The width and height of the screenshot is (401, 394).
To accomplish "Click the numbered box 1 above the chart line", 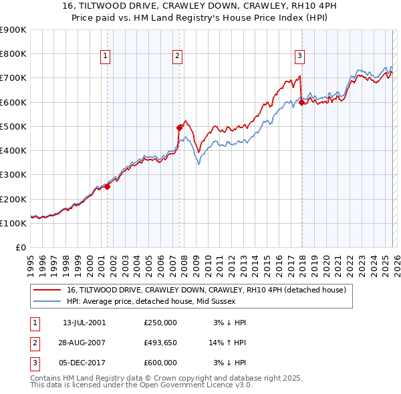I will [106, 57].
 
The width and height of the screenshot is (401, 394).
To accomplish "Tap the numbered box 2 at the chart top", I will [178, 57].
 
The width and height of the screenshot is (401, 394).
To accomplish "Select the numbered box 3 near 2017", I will [300, 57].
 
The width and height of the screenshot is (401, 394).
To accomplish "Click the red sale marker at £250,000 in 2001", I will [107, 186].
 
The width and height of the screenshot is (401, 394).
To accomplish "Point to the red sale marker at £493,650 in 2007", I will [179, 128].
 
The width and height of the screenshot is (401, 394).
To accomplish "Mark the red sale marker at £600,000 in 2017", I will [301, 102].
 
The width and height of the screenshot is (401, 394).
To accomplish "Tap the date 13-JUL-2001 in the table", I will [84, 322].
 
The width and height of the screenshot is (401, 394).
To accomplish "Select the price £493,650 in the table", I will [160, 343].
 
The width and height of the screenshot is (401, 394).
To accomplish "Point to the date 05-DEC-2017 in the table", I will [84, 363].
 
